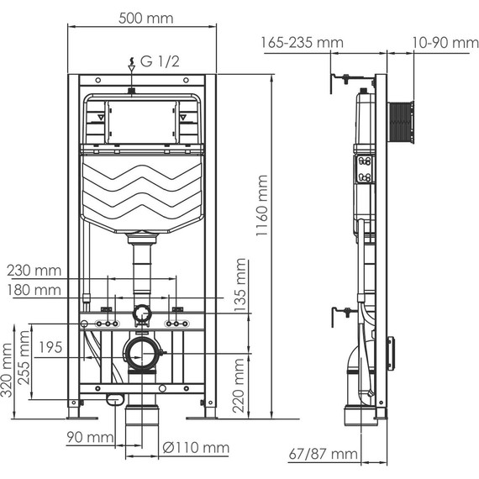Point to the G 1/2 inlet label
155,61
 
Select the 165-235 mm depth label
301,41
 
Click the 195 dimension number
50,347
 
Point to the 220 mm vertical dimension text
242,385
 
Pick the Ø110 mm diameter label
197,449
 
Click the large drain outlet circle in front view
142,355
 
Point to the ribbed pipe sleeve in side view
402,124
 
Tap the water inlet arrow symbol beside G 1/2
130,62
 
